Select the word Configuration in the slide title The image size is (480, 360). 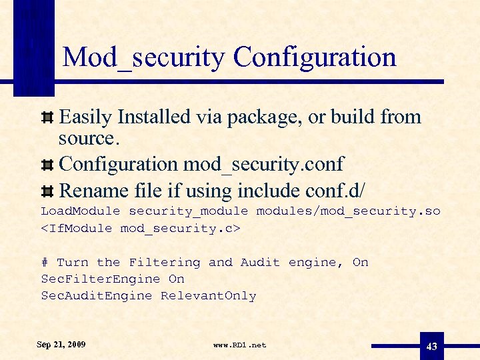click(315, 57)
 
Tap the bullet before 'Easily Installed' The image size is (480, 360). click(48, 118)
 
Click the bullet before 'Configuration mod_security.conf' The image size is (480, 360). click(48, 165)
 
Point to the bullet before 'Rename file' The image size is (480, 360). click(48, 192)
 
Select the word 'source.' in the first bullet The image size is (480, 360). click(87, 139)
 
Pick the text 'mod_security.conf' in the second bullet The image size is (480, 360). click(264, 164)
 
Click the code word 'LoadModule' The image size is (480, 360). click(81, 211)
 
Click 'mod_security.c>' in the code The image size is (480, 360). click(181, 228)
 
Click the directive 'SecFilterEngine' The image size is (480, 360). click(101, 279)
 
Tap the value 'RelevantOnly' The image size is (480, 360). click(208, 296)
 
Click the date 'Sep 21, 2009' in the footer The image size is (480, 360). click(61, 345)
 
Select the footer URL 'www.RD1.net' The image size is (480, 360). click(239, 345)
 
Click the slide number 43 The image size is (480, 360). click(432, 346)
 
